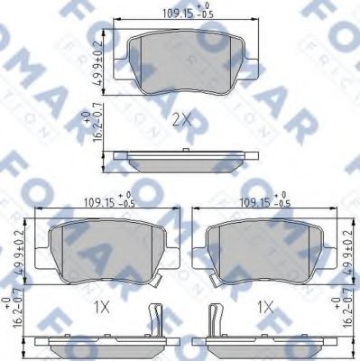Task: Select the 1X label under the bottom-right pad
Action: pos(264,307)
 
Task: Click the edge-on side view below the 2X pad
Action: pos(185,162)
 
